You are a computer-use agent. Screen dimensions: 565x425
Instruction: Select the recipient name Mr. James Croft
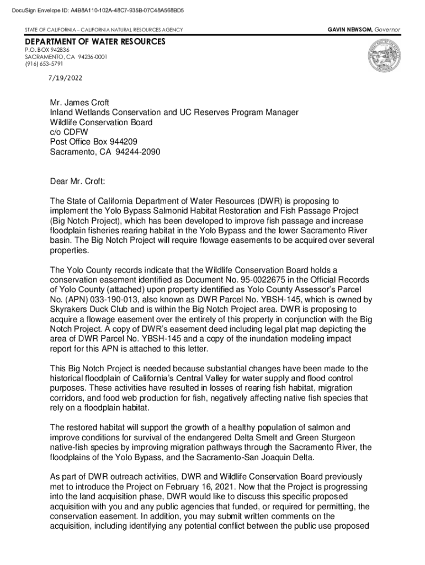tap(79, 103)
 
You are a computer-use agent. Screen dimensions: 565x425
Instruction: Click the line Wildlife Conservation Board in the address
tap(101, 122)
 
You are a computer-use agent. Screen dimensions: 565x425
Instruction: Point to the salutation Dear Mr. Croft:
tap(77, 180)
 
